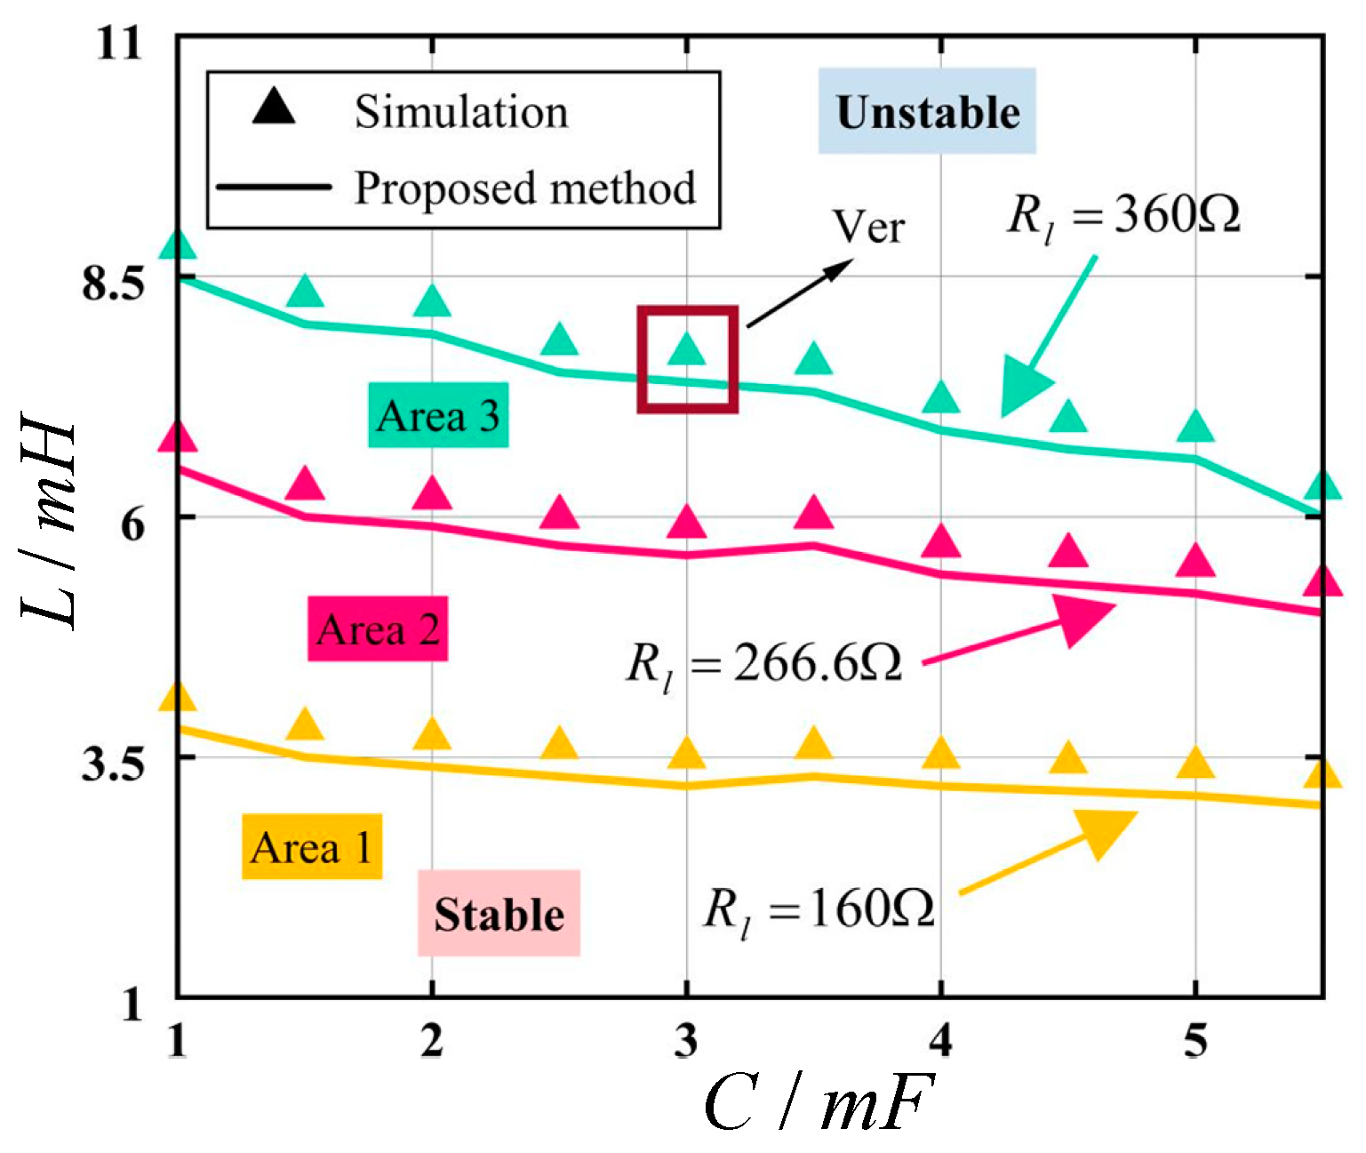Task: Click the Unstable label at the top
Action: (x=927, y=112)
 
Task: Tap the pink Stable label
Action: (x=499, y=914)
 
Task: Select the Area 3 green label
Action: (x=438, y=415)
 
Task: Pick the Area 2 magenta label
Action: (x=378, y=629)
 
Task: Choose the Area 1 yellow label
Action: (x=312, y=847)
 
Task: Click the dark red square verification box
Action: (x=687, y=360)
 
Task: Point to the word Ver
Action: (x=868, y=228)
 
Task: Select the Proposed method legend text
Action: (x=524, y=188)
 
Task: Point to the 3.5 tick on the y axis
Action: (x=112, y=765)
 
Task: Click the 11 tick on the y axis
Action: (x=119, y=42)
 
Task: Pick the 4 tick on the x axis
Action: (x=940, y=1039)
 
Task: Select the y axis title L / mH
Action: (x=49, y=524)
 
